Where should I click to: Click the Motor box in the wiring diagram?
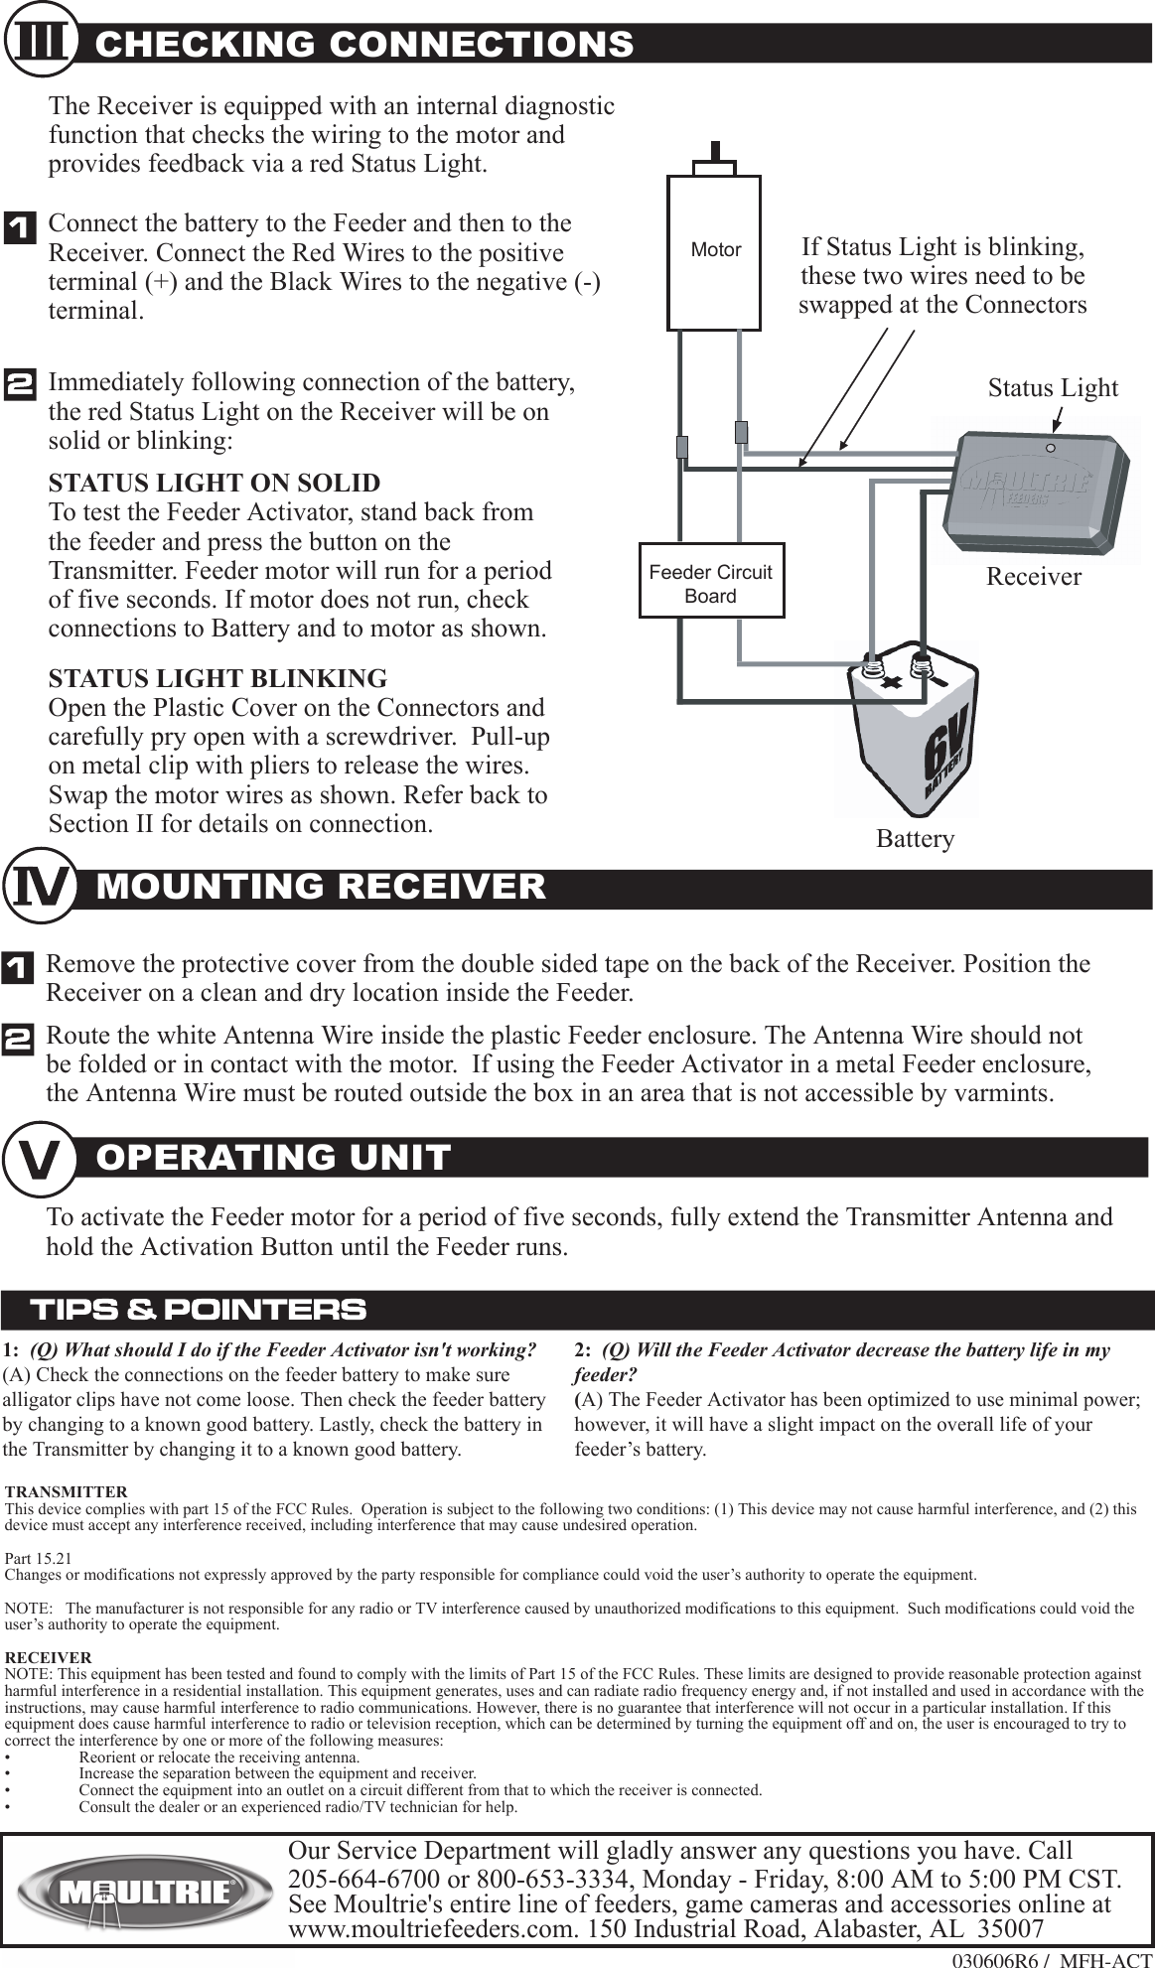point(714,252)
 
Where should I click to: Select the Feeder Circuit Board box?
point(711,581)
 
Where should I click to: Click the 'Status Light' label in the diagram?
point(1053,388)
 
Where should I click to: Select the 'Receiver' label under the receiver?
point(1033,577)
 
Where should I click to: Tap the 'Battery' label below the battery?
point(915,839)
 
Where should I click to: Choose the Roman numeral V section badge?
point(41,1158)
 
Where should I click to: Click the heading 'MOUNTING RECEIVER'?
point(321,887)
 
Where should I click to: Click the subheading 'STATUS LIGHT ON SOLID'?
point(215,484)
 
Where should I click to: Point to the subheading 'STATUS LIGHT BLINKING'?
point(217,679)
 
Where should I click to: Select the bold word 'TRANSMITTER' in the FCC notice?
point(67,1492)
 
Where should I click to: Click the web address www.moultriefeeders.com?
point(433,1929)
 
